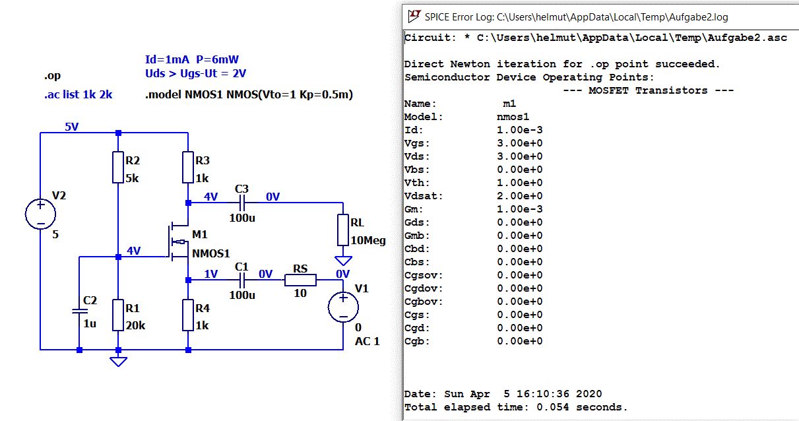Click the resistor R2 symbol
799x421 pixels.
(118, 168)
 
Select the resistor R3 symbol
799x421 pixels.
(188, 168)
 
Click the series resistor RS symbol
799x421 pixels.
(300, 280)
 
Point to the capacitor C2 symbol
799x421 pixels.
(79, 310)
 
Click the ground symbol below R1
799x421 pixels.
(118, 360)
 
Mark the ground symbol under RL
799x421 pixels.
(343, 260)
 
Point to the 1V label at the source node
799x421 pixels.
(210, 274)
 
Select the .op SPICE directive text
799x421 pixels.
(53, 75)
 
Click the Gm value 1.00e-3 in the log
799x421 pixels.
(519, 209)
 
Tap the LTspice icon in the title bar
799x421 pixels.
(414, 16)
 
